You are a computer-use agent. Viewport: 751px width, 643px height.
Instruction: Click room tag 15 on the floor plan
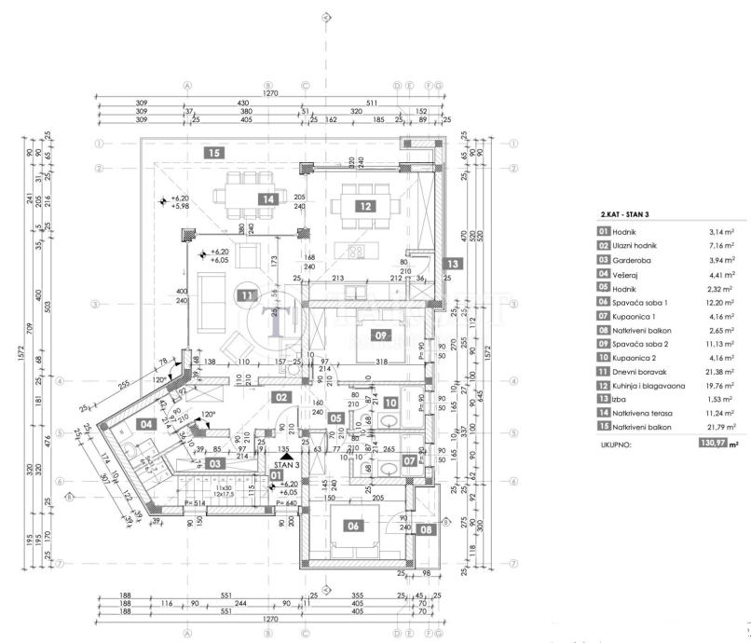[214, 152]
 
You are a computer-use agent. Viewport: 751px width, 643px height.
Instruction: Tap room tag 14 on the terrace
[268, 198]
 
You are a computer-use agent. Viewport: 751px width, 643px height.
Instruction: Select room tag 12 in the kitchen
[365, 206]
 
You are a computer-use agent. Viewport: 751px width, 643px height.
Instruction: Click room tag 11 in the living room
[246, 296]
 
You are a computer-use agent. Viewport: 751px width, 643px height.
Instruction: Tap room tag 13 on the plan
[452, 265]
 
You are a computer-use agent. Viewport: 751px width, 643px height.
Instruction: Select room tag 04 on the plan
[145, 424]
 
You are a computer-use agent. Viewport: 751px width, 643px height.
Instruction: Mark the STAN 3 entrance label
[286, 462]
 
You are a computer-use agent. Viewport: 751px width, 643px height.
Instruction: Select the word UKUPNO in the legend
[616, 445]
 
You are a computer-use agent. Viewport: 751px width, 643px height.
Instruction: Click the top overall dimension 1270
[270, 93]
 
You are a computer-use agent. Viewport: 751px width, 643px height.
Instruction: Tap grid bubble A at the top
[187, 85]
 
